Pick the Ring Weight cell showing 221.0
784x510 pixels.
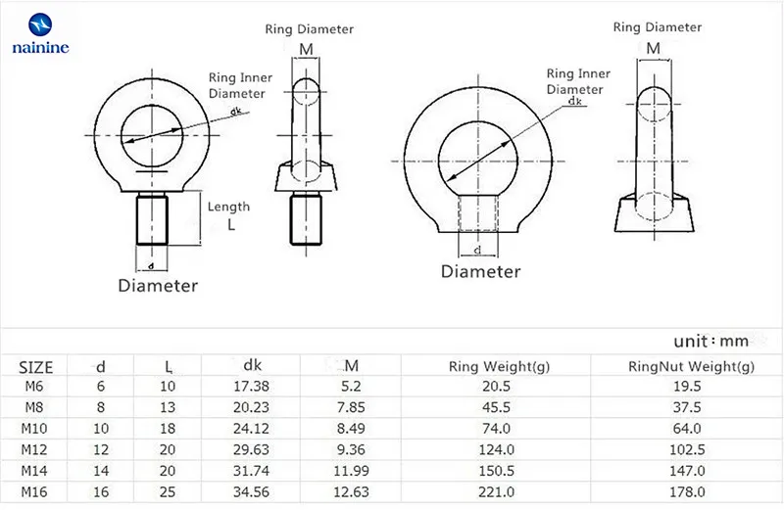pyautogui.click(x=498, y=489)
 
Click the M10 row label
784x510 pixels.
pyautogui.click(x=36, y=428)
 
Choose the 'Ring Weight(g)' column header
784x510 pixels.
pyautogui.click(x=498, y=367)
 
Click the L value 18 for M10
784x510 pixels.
pyautogui.click(x=169, y=428)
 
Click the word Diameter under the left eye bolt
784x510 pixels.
pyautogui.click(x=158, y=286)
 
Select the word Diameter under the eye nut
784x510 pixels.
pyautogui.click(x=480, y=271)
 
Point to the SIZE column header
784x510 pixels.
pyautogui.click(x=36, y=367)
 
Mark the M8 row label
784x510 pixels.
pyautogui.click(x=36, y=407)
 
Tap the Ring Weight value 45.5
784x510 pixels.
pyautogui.click(x=498, y=407)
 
